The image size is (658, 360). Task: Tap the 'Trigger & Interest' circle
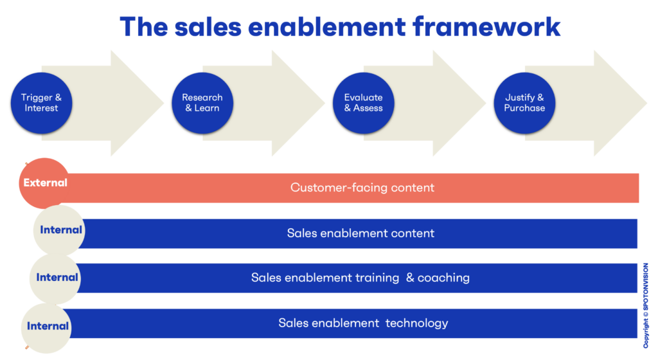[x=42, y=103]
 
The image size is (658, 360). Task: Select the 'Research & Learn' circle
[x=202, y=103]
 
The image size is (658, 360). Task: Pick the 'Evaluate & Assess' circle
[x=363, y=103]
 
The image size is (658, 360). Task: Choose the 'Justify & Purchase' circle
[x=524, y=103]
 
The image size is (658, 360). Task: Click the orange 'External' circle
[x=44, y=183]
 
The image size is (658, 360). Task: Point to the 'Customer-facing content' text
[x=362, y=188]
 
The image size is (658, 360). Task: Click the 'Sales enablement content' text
[x=360, y=233]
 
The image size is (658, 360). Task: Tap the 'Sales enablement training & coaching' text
[x=360, y=278]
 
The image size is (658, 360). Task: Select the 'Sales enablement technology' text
[x=363, y=323]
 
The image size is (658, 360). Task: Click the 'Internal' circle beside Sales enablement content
[x=60, y=230]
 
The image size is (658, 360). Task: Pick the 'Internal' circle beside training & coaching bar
[x=57, y=278]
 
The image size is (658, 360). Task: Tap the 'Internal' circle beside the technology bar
[x=47, y=327]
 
